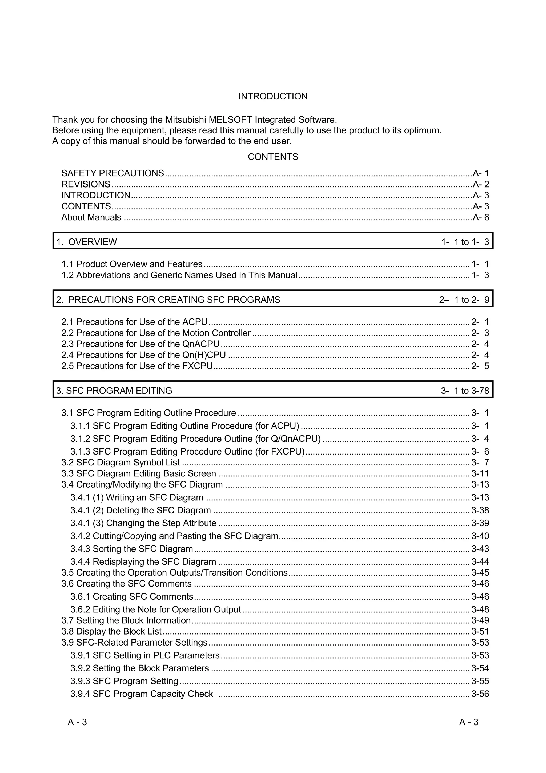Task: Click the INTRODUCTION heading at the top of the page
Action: (273, 96)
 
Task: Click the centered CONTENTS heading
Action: (273, 157)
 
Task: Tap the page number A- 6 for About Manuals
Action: (481, 217)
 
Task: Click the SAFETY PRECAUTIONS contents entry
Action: (112, 173)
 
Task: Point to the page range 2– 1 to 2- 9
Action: (464, 300)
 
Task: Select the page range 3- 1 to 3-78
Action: (465, 391)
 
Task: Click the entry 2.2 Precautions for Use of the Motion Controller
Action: (156, 333)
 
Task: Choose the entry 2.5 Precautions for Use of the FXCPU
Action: (137, 366)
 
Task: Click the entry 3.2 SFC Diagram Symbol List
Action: (121, 463)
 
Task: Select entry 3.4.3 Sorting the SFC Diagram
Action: (131, 549)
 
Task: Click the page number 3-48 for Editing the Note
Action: (480, 610)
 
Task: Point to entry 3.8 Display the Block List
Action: (111, 632)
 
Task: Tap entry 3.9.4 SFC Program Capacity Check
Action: (142, 694)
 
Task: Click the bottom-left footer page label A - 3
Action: (77, 722)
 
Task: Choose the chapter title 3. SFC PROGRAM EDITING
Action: (114, 391)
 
